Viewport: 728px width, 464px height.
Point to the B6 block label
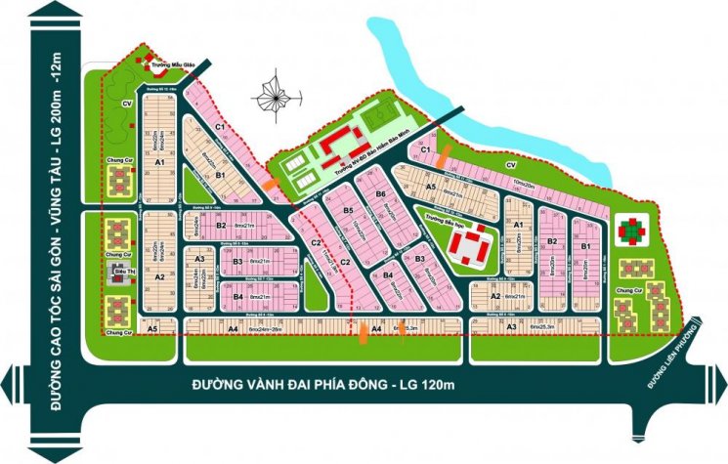[x=381, y=195]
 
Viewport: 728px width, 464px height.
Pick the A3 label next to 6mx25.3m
[x=511, y=327]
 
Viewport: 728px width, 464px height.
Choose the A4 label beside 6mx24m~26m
[x=233, y=330]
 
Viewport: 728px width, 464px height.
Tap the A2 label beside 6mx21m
[x=494, y=296]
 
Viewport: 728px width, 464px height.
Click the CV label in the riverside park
[x=510, y=165]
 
